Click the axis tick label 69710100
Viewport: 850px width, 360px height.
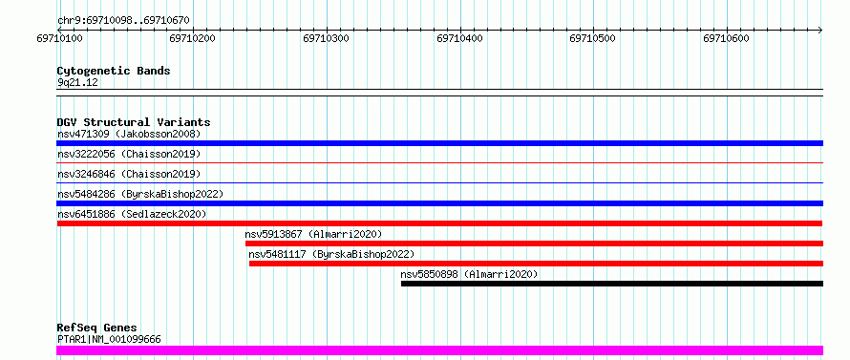59,38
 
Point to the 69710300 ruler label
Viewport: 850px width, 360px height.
327,38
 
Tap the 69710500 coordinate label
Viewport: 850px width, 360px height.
593,38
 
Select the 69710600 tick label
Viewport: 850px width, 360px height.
727,38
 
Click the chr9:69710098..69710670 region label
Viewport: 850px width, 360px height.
123,21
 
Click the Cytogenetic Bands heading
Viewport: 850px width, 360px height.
114,71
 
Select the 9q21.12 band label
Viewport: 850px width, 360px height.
78,83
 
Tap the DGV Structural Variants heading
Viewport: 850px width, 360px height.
134,122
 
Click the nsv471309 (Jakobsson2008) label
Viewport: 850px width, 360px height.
129,134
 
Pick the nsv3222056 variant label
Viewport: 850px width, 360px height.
86,154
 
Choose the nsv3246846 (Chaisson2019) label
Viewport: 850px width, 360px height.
129,174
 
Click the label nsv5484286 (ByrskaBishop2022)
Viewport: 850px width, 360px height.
140,194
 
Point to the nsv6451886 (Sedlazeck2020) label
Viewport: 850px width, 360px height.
132,214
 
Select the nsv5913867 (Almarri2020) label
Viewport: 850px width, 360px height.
313,234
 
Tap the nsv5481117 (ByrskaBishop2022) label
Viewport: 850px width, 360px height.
331,254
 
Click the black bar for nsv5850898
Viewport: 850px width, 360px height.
612,284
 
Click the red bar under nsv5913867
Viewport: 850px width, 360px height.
534,244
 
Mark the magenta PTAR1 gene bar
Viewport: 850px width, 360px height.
439,350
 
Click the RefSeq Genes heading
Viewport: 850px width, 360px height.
97,328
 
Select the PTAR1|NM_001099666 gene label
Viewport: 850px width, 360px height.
109,340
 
